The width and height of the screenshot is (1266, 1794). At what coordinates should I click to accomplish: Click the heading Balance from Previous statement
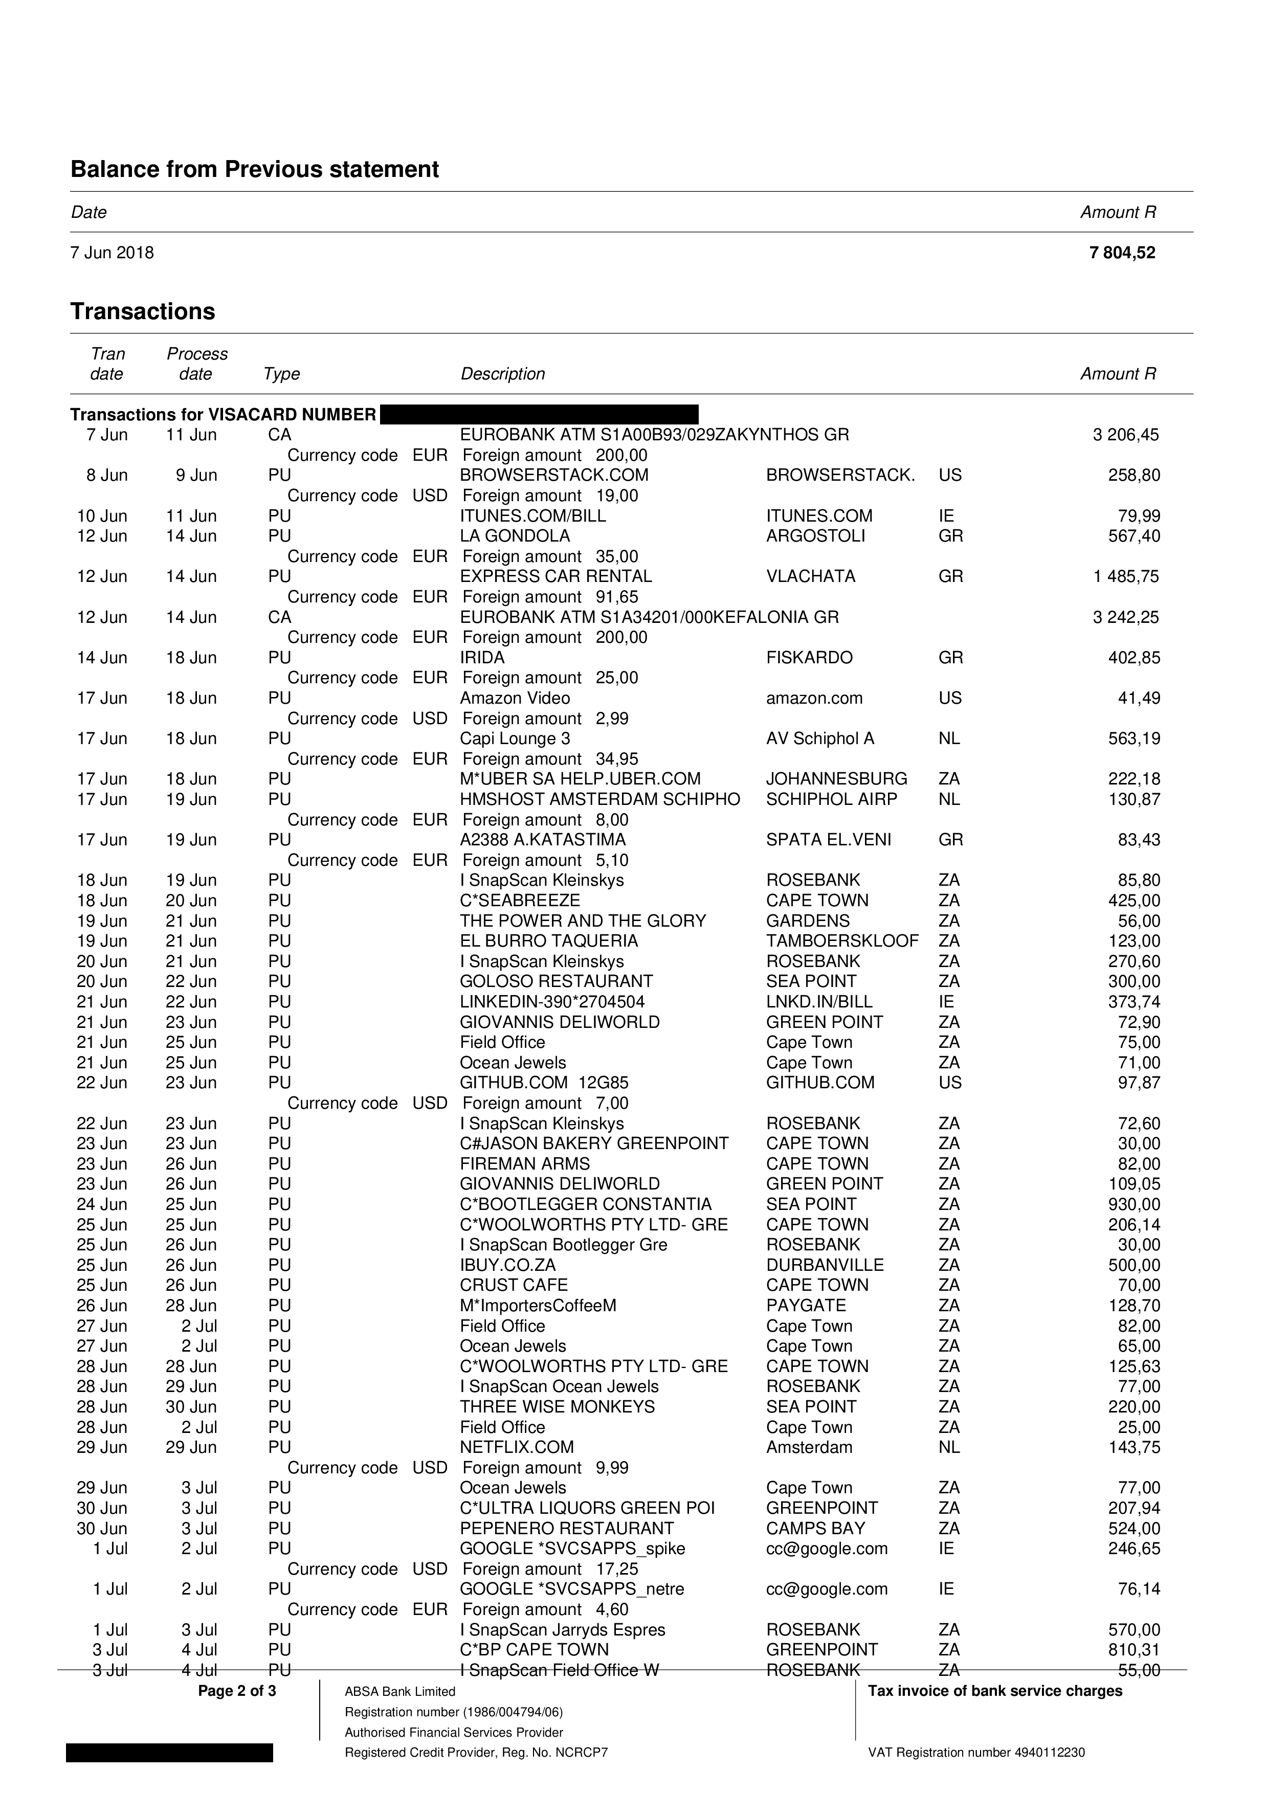(254, 170)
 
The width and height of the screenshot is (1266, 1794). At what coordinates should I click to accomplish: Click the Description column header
(502, 374)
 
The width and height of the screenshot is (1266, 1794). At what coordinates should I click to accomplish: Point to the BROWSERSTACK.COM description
(554, 476)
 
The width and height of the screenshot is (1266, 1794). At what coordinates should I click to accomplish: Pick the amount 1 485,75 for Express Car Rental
(1126, 577)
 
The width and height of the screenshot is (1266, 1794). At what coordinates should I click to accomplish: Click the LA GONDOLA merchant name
(515, 536)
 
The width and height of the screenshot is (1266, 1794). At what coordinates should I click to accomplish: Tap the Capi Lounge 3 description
(515, 739)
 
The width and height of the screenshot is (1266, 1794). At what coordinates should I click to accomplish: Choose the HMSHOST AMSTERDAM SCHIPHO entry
(599, 799)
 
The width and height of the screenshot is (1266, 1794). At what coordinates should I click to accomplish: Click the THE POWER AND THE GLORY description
(583, 921)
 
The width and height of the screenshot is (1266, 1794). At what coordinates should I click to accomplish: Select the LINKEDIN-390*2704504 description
(552, 1002)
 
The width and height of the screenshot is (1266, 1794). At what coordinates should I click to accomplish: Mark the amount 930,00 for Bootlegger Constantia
(1134, 1205)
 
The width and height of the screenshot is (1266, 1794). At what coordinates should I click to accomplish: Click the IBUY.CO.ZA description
(508, 1266)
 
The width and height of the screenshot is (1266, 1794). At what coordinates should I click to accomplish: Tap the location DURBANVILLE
(825, 1266)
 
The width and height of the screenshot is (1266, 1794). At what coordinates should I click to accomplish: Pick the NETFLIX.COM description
(517, 1448)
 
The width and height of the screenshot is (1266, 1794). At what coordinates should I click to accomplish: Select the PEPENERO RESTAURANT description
(567, 1529)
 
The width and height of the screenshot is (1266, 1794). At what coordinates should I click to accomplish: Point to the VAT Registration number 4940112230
(976, 1753)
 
